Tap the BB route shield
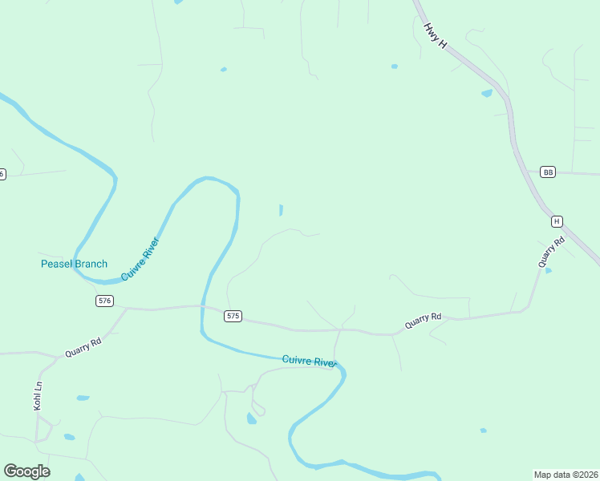click(548, 172)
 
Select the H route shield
click(557, 221)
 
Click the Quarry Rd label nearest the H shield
click(552, 251)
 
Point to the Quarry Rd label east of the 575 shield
click(424, 320)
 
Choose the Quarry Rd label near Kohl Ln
click(83, 347)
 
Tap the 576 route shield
click(104, 301)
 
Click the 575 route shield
click(233, 316)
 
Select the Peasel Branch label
click(74, 264)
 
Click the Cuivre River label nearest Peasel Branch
click(141, 258)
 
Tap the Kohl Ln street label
click(38, 396)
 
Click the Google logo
click(26, 471)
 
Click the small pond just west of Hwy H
click(487, 93)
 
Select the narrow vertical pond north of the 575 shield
click(280, 210)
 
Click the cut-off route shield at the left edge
click(2, 174)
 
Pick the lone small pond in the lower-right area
click(483, 430)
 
